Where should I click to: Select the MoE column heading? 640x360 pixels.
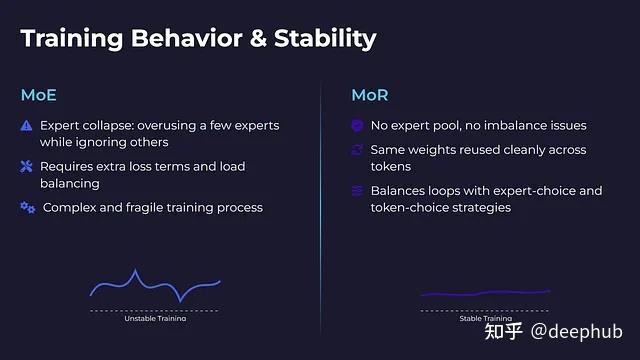click(40, 96)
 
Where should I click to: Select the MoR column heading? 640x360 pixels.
click(370, 96)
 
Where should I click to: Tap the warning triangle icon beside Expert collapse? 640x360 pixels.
click(27, 126)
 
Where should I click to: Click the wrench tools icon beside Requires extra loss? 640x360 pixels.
click(27, 167)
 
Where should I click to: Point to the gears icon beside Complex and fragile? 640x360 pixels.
click(27, 207)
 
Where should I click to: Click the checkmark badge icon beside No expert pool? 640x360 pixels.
click(357, 126)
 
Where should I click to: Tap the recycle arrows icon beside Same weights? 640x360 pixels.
click(357, 150)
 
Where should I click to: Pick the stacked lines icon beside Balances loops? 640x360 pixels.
click(357, 191)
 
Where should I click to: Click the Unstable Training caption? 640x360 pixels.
click(155, 318)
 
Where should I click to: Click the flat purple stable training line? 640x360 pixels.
click(485, 293)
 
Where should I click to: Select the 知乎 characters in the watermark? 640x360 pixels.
click(503, 331)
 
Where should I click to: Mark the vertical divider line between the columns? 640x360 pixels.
click(320, 200)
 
